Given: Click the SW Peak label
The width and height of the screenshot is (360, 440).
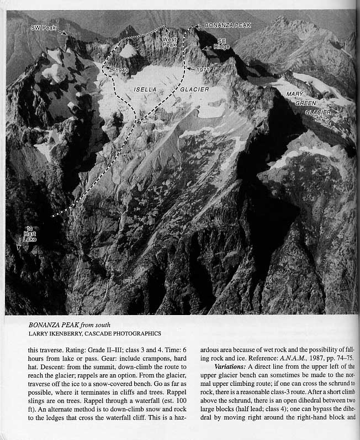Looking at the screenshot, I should [x=41, y=27].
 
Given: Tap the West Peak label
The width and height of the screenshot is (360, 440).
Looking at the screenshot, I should [x=170, y=41].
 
